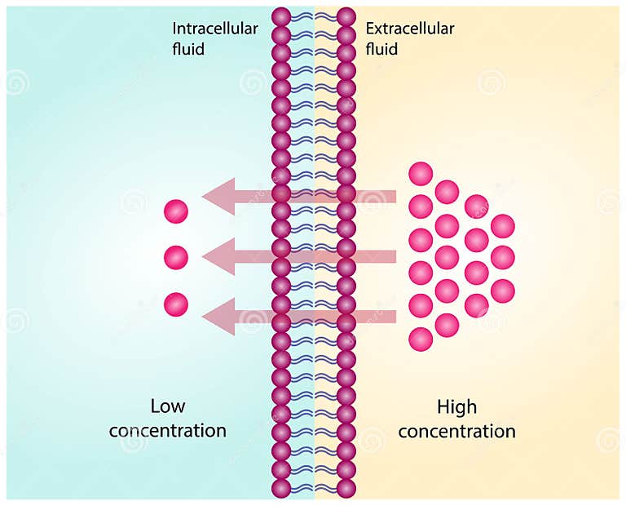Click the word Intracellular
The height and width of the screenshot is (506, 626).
pos(214,29)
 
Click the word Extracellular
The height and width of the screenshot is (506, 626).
pos(410,29)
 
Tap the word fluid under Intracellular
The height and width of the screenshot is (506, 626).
pos(188,49)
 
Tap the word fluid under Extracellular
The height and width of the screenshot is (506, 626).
pos(381,49)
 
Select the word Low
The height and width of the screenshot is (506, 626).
pos(168,406)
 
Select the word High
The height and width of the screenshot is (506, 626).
pos(456,406)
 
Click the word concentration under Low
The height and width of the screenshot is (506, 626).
pos(168,430)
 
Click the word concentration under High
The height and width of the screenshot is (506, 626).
pos(456,430)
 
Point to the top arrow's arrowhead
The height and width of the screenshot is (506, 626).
pos(217,197)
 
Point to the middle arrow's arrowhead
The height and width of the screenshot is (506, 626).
pos(217,256)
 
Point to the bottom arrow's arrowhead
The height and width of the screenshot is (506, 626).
pos(217,316)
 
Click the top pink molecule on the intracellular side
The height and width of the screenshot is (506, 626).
pos(176,211)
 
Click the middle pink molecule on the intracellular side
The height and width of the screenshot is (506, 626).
pos(176,258)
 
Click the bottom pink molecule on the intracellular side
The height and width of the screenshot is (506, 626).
pos(176,305)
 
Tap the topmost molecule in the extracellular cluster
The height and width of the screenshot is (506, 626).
pos(421,174)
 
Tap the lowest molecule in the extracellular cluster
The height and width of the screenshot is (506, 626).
pos(421,339)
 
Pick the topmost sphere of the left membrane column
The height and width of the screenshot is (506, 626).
pos(281,16)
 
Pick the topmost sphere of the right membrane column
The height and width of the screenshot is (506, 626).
pos(346,16)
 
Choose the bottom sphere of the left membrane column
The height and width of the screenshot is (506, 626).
pos(281,488)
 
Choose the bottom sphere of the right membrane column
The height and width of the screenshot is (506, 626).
pos(346,488)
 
